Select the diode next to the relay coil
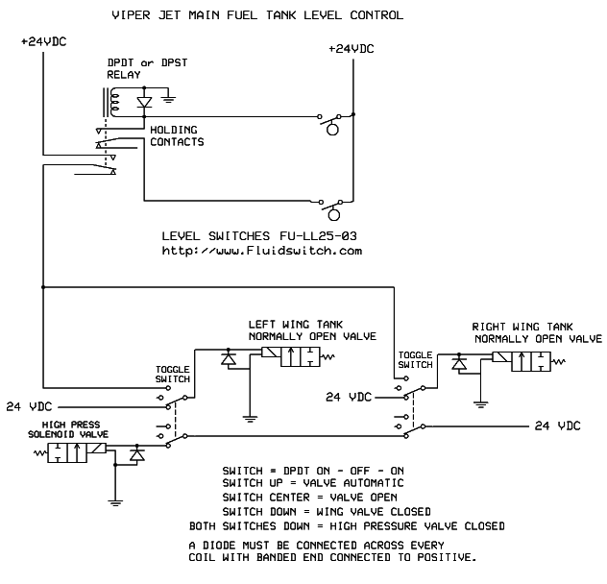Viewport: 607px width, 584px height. pos(144,99)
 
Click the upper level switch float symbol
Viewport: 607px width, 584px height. pos(332,129)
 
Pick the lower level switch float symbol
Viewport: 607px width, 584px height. pos(334,212)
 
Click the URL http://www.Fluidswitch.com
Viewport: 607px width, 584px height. pos(259,251)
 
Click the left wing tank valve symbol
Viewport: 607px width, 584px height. pos(294,357)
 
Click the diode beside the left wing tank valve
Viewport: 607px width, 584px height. pos(229,358)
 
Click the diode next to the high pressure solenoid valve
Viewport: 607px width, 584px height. pos(137,451)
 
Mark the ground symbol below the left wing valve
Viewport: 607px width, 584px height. pos(249,419)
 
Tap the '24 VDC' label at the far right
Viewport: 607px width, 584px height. pos(557,425)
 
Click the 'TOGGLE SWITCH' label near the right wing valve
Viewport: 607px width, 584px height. pos(416,359)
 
